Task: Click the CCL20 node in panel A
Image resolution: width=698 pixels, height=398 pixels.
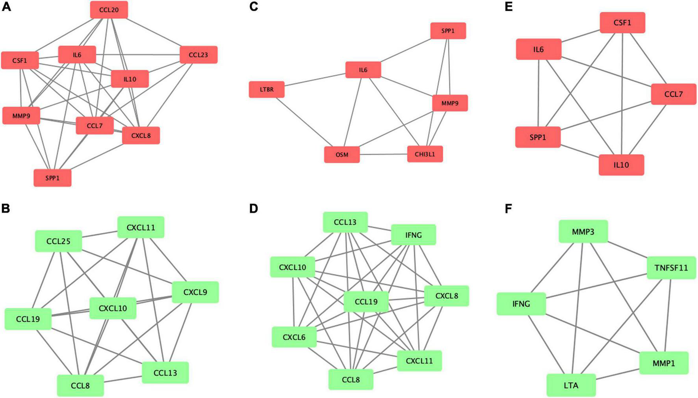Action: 109,10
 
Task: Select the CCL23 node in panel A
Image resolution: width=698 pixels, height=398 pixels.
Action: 198,55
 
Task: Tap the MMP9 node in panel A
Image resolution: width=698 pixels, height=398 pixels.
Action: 21,116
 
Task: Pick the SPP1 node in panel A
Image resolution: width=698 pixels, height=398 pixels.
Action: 52,178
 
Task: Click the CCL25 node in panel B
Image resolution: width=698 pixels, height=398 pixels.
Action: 58,241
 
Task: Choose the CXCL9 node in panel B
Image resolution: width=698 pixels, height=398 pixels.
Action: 195,292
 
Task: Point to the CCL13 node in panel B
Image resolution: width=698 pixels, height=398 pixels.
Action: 165,372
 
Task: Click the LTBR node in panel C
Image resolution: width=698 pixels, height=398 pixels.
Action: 267,89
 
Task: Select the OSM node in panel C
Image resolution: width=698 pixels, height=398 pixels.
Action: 342,155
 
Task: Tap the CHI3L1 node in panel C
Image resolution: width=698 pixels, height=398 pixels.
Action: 425,154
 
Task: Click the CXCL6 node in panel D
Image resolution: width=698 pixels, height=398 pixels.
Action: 294,337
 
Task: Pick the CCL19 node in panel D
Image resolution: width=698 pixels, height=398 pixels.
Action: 366,302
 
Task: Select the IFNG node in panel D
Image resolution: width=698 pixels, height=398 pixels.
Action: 413,235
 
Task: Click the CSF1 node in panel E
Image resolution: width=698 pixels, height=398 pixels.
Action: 622,22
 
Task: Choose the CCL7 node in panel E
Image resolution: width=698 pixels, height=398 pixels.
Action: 673,94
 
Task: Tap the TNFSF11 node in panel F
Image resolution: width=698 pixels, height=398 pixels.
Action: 671,268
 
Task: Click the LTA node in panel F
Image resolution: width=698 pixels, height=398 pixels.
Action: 571,385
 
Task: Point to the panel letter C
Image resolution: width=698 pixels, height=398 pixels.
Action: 254,7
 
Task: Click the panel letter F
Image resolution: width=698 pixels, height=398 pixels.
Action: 508,208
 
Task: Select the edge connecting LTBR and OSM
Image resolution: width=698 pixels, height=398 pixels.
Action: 303,122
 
